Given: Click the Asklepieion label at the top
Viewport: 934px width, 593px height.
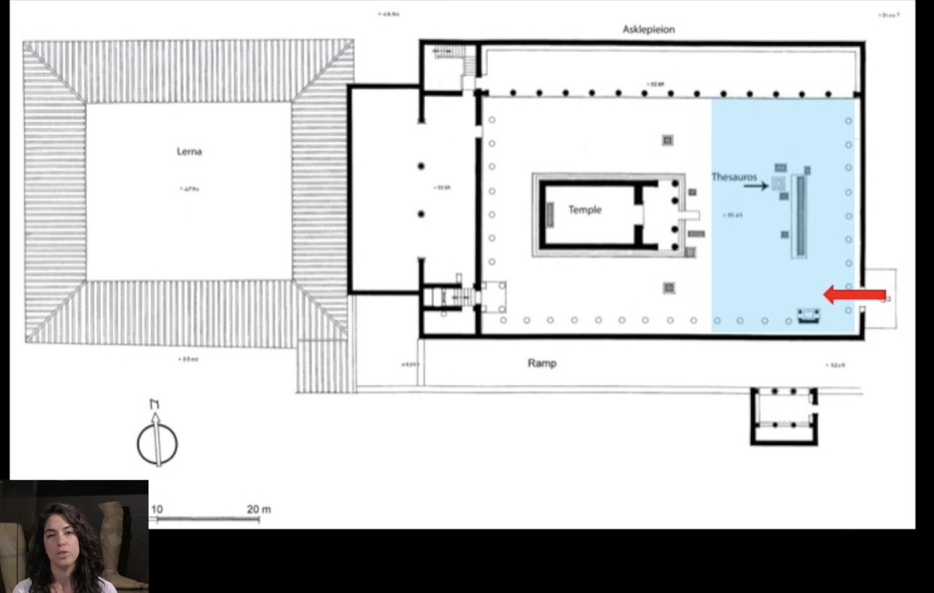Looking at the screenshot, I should (648, 30).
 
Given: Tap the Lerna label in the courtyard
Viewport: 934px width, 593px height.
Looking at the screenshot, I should (189, 151).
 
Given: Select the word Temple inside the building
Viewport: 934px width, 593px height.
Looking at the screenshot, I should (585, 210).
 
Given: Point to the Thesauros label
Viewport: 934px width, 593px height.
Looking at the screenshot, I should (734, 177).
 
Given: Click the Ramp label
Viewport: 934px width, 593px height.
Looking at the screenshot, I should (542, 363).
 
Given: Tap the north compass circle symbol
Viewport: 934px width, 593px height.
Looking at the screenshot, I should (157, 442).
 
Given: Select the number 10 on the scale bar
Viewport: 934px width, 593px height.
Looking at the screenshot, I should (156, 510).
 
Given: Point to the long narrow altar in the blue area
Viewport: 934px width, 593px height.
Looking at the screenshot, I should (799, 216).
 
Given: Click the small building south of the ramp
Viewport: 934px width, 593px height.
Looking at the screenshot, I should (784, 415).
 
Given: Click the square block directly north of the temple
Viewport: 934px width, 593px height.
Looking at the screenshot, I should (668, 140).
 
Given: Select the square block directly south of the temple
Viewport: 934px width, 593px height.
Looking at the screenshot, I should (669, 288).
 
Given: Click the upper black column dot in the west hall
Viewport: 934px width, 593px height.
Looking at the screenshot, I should (421, 166).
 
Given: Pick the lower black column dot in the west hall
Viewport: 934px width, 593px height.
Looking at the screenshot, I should (421, 214).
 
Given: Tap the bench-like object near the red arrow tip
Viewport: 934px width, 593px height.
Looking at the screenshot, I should (808, 316).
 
